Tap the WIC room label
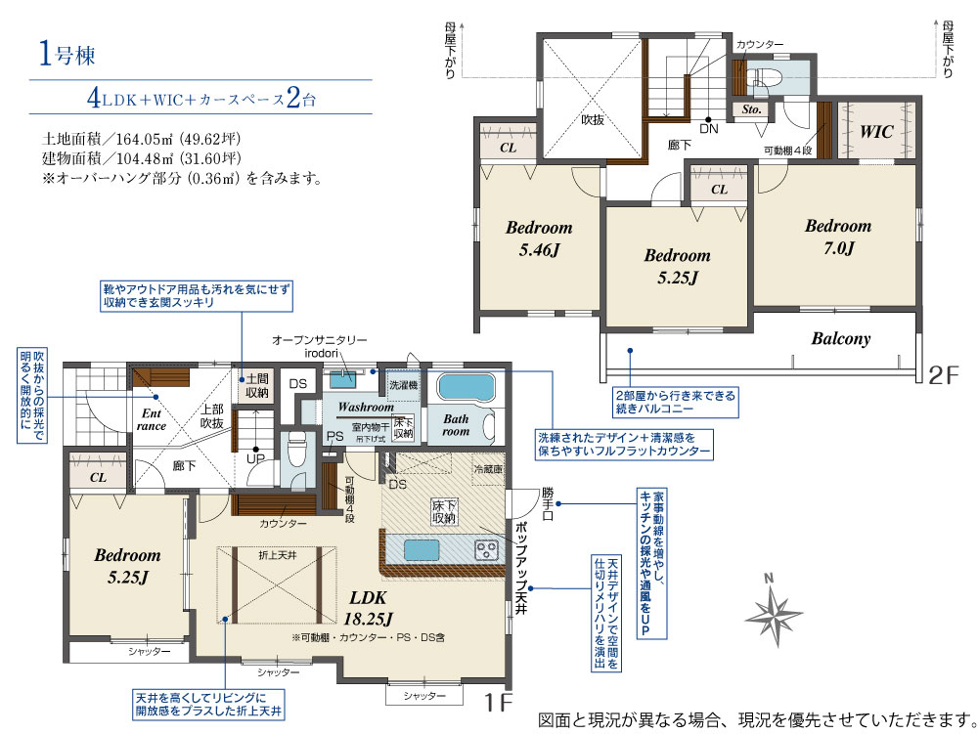(876, 132)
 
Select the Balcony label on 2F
(841, 339)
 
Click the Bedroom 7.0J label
(838, 237)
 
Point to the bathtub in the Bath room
(466, 387)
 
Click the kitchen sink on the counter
(422, 550)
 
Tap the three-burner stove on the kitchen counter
(486, 550)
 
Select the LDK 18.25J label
(368, 608)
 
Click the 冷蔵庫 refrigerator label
(488, 468)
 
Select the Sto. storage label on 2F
(751, 109)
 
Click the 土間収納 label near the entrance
(256, 386)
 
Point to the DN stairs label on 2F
(708, 129)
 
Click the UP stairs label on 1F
(255, 459)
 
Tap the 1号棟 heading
(67, 54)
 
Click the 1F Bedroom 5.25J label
(127, 566)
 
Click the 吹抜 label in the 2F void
(593, 119)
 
